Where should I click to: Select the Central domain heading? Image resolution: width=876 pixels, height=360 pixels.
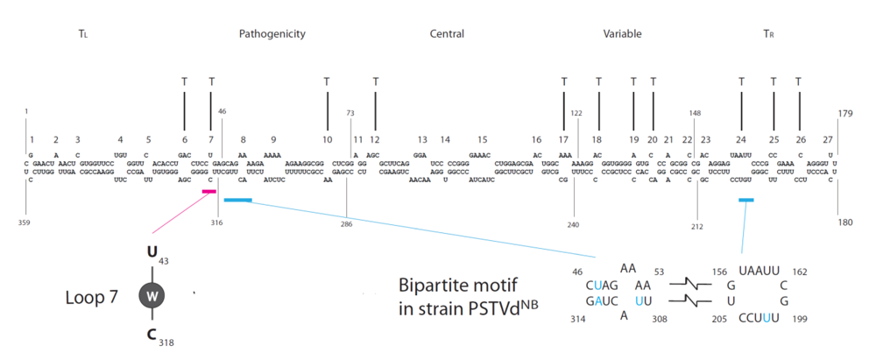pos(447,34)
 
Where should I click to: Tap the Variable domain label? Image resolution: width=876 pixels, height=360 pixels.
pos(622,34)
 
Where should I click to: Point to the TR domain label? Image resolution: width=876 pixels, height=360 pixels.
pos(768,34)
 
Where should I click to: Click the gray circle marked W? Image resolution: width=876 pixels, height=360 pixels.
pos(152,296)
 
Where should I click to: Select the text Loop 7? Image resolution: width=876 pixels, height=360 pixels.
pos(91,296)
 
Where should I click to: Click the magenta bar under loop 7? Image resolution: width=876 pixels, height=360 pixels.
pos(209,191)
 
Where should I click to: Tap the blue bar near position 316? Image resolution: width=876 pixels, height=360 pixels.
pos(237,201)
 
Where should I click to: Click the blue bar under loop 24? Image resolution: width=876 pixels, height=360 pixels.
pos(745,201)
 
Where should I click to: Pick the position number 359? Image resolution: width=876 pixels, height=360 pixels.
pos(25,223)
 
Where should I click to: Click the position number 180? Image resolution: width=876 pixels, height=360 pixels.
pos(845,223)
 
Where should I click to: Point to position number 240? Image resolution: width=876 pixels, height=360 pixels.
pos(574,224)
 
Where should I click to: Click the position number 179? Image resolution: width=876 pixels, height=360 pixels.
pos(845,113)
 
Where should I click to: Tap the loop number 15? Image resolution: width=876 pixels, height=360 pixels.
pos(482,139)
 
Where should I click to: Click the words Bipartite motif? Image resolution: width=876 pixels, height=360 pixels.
pos(448,286)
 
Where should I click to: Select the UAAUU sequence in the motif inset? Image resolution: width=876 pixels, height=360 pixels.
pos(759,271)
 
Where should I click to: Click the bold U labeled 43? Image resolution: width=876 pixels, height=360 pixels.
pos(151,253)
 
